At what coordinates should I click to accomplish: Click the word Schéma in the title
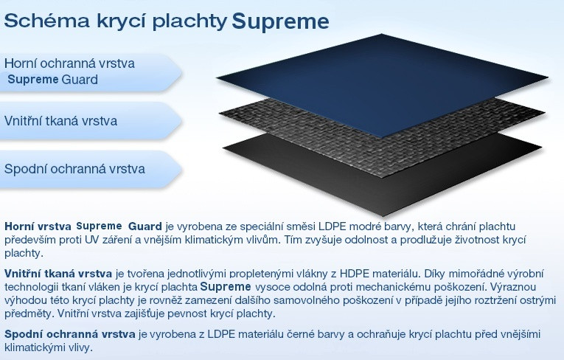46,21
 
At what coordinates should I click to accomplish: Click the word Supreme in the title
280,21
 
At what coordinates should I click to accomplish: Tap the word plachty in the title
189,22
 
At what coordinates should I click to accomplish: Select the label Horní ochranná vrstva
69,63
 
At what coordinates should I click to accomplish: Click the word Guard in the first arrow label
80,79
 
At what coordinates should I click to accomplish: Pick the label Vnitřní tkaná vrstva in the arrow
60,120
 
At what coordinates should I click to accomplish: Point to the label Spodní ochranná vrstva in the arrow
74,169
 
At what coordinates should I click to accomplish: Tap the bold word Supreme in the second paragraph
226,287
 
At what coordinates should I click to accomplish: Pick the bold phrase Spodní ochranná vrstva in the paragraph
70,334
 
